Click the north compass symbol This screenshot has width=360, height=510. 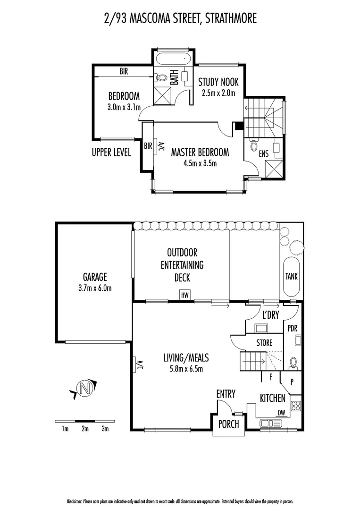pos(85,389)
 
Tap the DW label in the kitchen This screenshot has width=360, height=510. pos(281,412)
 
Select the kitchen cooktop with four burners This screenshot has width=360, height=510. pos(296,406)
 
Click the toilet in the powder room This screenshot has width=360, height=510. pos(293,362)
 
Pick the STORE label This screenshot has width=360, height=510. pos(264,343)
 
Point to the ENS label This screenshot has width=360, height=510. pos(265,153)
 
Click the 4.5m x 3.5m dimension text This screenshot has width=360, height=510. pos(200,164)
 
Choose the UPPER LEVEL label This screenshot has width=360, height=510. pos(111,153)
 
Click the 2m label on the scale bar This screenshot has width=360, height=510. pos(85,429)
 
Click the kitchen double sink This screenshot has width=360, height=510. pos(271,423)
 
